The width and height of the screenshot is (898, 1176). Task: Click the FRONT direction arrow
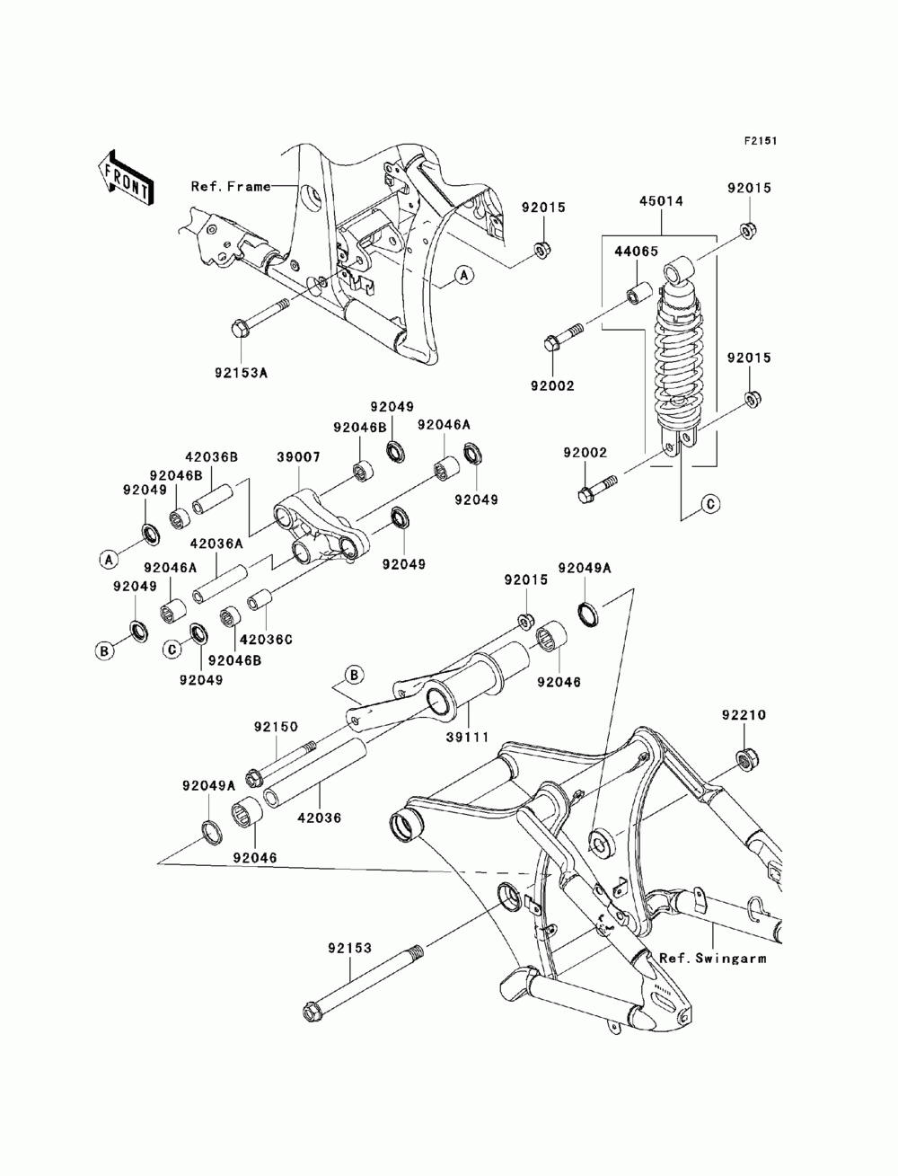pos(125,178)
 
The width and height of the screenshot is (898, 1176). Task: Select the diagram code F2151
pos(760,141)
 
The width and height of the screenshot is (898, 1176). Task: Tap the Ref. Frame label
pos(231,187)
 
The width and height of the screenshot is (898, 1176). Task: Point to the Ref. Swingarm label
pos(712,959)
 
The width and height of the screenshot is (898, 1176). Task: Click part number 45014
pos(661,201)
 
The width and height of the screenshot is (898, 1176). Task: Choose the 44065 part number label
pos(636,252)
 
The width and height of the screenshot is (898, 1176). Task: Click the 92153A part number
pos(241,372)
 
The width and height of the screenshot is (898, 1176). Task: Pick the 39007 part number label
pos(298,457)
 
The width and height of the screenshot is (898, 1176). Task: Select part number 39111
pos(468,738)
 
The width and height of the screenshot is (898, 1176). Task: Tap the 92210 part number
pos(744,715)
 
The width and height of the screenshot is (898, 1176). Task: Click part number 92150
pos(276,727)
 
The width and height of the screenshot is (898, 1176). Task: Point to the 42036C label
pos(266,640)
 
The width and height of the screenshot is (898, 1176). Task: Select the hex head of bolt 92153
pos(311,1011)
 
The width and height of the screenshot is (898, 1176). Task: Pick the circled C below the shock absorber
pos(710,504)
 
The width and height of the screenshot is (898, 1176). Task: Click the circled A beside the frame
pos(464,276)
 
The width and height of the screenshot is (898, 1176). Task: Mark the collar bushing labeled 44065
pos(639,292)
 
